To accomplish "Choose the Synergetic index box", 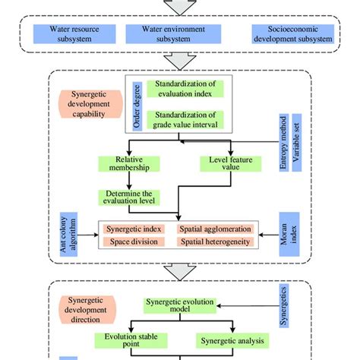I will [x=135, y=228].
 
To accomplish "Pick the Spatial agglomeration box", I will [x=215, y=228].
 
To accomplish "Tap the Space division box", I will [x=135, y=242].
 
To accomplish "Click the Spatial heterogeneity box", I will [x=215, y=242].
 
